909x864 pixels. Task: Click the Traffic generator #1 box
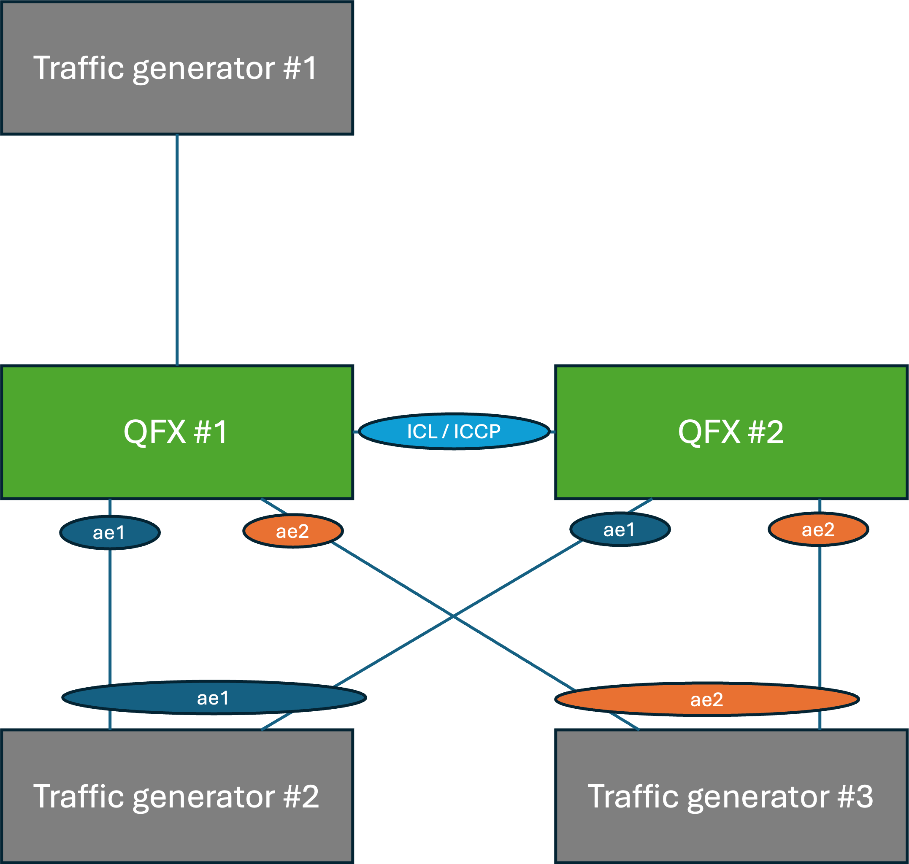click(177, 67)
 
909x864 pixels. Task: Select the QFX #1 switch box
click(177, 432)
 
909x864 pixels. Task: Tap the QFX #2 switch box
click(732, 432)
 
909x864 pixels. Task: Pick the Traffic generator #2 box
click(177, 796)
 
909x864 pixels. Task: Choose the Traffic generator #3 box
click(732, 796)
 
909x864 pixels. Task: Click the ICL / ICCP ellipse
click(454, 431)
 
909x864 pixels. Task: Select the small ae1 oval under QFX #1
click(110, 532)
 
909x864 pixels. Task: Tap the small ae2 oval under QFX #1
click(293, 531)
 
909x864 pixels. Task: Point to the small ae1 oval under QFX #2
click(620, 529)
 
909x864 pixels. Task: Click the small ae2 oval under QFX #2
click(818, 529)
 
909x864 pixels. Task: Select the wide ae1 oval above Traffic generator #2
click(214, 698)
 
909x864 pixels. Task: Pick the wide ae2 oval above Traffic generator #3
click(707, 699)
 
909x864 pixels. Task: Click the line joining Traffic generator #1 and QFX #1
click(177, 250)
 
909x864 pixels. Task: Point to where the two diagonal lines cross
click(453, 616)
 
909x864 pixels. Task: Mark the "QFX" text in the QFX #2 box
click(709, 432)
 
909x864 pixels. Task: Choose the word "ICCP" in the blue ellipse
click(477, 432)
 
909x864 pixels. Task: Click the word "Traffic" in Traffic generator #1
click(79, 67)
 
